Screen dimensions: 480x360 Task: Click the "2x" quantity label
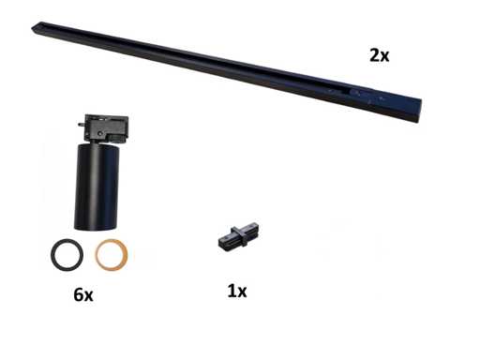tap(380, 55)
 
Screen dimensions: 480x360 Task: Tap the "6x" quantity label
tap(83, 294)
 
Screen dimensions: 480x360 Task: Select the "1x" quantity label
tap(237, 291)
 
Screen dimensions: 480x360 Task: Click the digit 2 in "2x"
tap(374, 55)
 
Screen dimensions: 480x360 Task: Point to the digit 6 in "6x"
tap(79, 294)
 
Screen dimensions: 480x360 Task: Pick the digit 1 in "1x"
tap(232, 291)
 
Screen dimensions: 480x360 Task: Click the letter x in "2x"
tap(384, 57)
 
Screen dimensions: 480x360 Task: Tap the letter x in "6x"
tap(88, 296)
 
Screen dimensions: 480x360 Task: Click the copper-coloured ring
tap(97, 255)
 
